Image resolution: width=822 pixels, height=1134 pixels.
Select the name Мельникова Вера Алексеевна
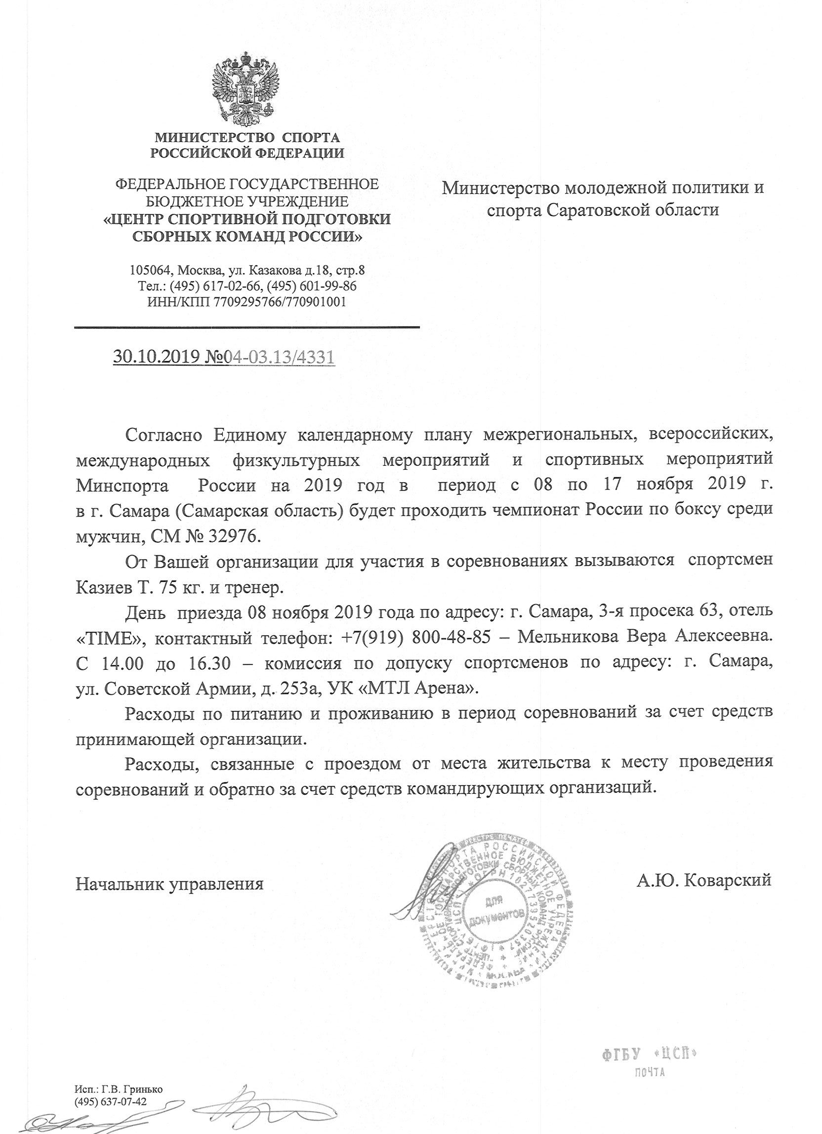644,639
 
